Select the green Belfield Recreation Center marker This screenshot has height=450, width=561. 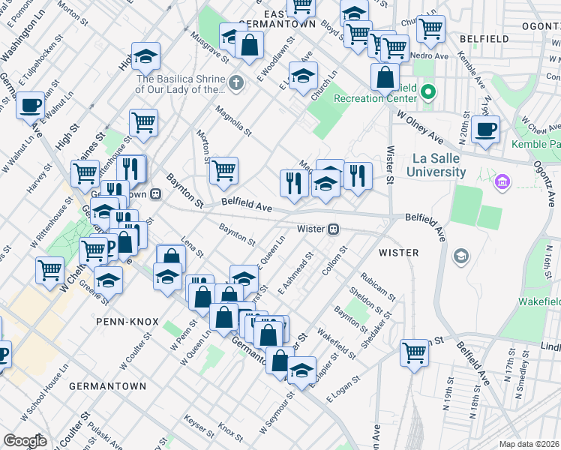428,93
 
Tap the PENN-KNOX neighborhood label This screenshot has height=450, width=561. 127,322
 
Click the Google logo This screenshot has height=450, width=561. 25,441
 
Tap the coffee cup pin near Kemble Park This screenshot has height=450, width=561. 485,128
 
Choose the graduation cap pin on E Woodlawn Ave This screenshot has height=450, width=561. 303,74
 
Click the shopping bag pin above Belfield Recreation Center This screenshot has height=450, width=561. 385,76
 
